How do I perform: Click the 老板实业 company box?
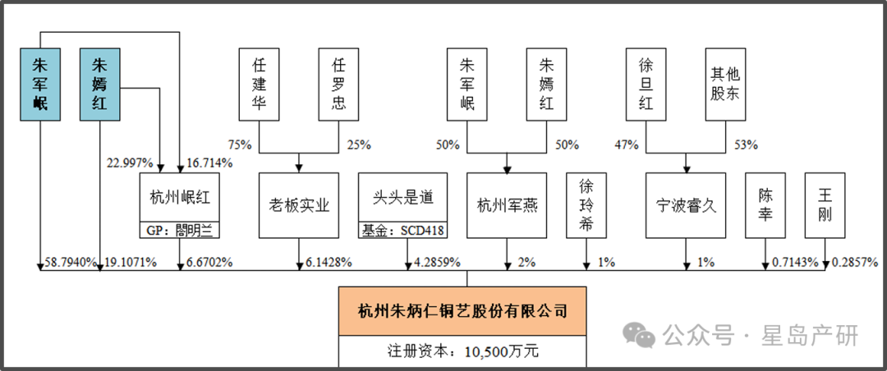click(x=298, y=205)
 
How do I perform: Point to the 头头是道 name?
click(x=403, y=198)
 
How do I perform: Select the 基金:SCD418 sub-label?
click(x=403, y=231)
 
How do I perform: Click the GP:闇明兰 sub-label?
click(x=178, y=231)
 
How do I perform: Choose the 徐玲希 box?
click(x=586, y=205)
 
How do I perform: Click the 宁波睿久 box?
click(x=687, y=205)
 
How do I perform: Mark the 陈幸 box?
click(x=765, y=205)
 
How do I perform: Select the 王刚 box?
click(x=825, y=205)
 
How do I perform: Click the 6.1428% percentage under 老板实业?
click(x=329, y=263)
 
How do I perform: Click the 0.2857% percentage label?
click(x=854, y=263)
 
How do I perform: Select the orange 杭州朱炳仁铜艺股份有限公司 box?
click(x=463, y=310)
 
